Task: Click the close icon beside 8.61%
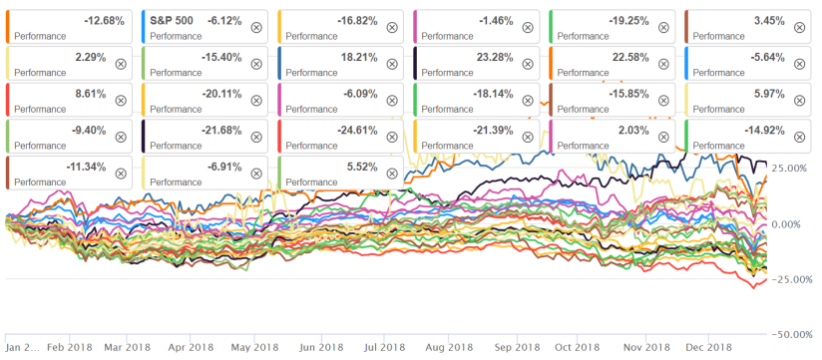121,101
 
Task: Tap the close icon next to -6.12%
256,27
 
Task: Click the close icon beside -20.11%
256,101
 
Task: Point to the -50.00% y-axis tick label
788,334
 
